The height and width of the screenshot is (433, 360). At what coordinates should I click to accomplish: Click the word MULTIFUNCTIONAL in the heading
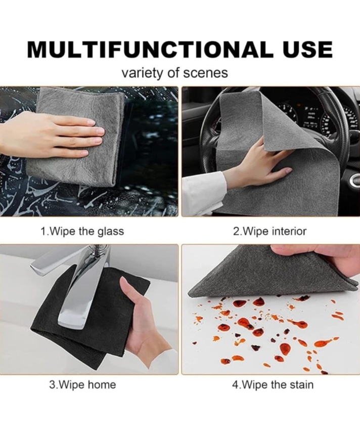click(148, 50)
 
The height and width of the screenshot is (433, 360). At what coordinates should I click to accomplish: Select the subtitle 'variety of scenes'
click(175, 73)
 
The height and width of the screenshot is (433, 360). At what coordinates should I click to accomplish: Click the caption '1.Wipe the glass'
click(82, 231)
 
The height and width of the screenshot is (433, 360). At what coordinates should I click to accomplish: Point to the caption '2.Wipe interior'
click(269, 231)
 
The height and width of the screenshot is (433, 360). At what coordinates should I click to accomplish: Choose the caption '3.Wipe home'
click(82, 384)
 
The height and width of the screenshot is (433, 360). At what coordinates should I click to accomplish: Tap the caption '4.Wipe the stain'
click(273, 384)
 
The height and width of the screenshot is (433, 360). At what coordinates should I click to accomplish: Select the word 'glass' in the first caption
click(111, 231)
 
